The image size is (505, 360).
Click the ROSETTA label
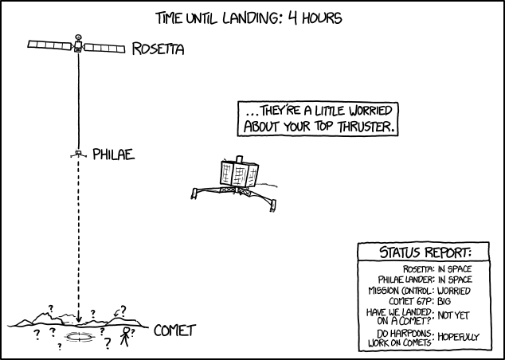point(159,50)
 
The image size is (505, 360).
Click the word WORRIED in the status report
point(455,290)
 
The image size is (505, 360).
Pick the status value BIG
point(444,301)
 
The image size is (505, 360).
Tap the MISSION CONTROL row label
point(401,290)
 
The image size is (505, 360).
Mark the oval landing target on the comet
point(80,338)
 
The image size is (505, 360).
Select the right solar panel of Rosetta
point(105,49)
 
